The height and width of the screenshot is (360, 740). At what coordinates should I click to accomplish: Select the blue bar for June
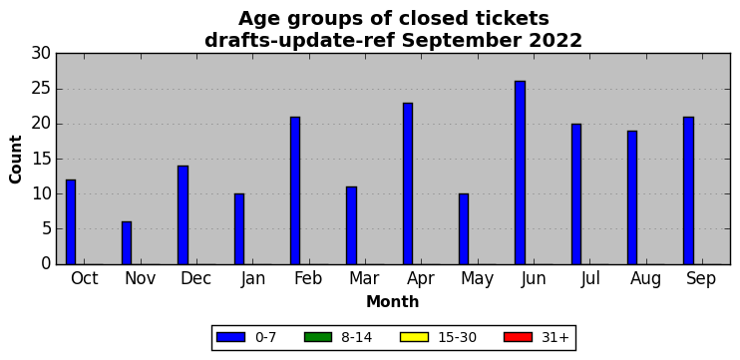point(520,173)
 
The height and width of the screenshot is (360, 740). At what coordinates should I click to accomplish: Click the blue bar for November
point(127,243)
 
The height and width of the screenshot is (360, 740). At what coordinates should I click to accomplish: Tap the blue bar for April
point(408,183)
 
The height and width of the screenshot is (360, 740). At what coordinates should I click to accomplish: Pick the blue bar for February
point(295,190)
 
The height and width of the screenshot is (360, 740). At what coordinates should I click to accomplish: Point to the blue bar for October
point(71,221)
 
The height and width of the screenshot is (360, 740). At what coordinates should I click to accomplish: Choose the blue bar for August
point(632,197)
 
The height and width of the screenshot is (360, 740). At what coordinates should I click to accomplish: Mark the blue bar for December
point(183,215)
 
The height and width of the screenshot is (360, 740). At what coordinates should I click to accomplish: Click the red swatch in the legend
point(518,337)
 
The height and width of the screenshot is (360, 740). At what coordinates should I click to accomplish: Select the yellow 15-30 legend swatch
point(414,337)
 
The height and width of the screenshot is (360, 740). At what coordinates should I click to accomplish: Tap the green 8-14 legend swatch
point(318,337)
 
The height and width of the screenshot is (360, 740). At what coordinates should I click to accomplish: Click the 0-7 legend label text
point(265,337)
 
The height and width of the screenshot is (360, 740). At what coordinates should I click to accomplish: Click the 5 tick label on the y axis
point(46,229)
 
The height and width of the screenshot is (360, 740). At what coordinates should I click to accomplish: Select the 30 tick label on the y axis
point(41,54)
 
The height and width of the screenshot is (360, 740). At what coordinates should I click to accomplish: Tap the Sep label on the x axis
point(701,279)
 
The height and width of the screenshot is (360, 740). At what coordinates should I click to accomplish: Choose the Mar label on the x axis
point(364,279)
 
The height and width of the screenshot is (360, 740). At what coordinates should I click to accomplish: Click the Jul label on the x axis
point(590,279)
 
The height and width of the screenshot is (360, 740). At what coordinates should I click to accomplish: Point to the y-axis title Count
point(16,159)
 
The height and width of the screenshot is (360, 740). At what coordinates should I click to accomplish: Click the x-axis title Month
point(393,301)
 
